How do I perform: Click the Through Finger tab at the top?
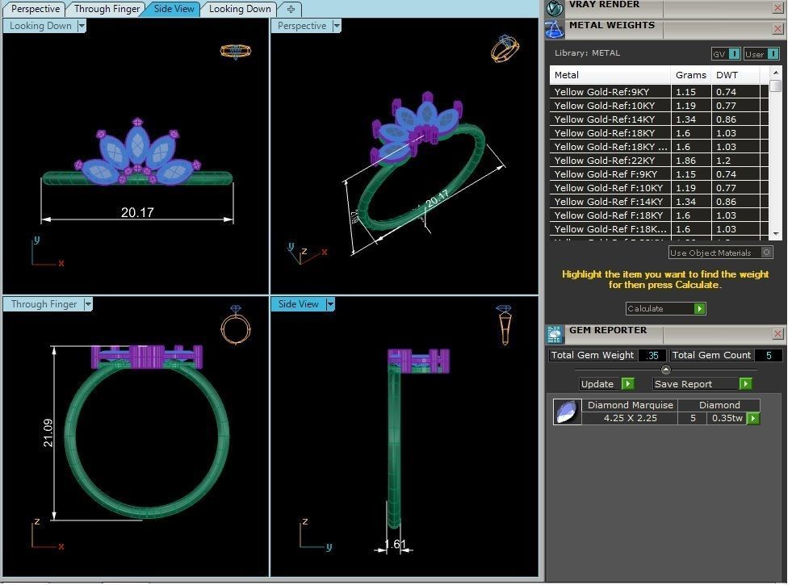click(107, 9)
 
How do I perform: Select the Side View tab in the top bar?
click(174, 9)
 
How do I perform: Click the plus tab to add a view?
click(290, 9)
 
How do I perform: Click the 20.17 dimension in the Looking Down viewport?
click(137, 212)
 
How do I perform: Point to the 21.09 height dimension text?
click(48, 432)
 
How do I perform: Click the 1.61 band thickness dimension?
click(395, 545)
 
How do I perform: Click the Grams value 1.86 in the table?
click(685, 161)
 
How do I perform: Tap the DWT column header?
click(727, 75)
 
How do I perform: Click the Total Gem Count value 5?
click(768, 355)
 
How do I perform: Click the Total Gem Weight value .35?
click(652, 355)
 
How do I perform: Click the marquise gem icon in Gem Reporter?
click(568, 412)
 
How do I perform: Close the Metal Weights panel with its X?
click(777, 29)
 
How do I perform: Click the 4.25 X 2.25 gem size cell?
click(631, 418)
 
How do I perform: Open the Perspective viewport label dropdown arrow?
click(337, 26)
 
